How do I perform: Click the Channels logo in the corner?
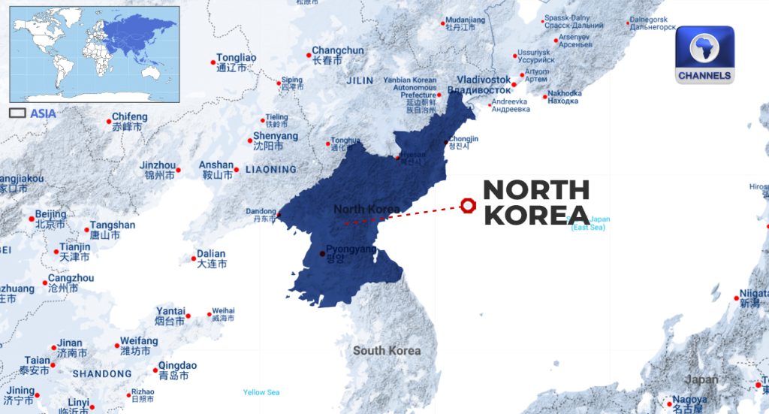(x=704, y=55)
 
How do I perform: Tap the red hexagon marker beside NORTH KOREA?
(x=469, y=205)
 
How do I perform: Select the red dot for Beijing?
(x=32, y=219)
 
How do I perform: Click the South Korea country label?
(x=387, y=350)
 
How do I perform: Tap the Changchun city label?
(x=338, y=51)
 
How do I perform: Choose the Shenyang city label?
(x=275, y=136)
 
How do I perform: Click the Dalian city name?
(x=211, y=254)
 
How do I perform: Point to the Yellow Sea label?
(x=261, y=392)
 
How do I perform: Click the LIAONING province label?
(x=270, y=169)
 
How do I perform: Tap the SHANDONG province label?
(x=102, y=373)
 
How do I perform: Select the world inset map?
(x=95, y=54)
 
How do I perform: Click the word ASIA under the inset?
(x=43, y=113)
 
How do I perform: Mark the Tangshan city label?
(x=113, y=225)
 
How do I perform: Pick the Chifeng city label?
(x=129, y=117)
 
